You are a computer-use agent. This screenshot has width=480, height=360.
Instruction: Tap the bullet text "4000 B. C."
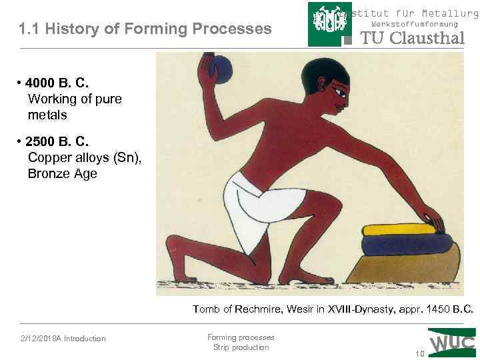click(x=56, y=83)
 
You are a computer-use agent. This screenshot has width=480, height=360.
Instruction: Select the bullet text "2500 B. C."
click(x=56, y=142)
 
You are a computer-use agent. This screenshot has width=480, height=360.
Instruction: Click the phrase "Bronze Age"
click(x=63, y=174)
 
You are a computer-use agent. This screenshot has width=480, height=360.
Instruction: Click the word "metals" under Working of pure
click(x=47, y=115)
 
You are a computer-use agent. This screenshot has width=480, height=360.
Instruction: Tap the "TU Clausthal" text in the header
click(x=412, y=38)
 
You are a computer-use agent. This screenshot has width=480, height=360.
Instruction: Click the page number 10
click(x=419, y=353)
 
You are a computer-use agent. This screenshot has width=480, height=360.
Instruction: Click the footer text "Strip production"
click(x=241, y=347)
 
